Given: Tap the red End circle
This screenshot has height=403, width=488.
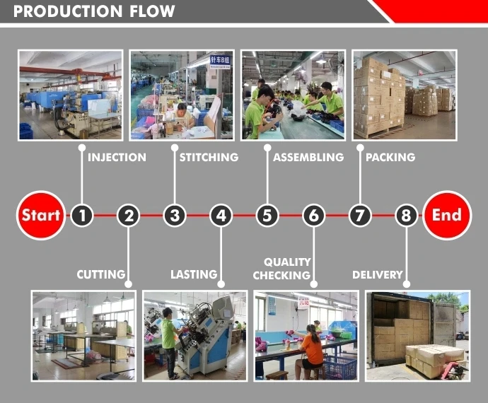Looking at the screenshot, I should [446, 215].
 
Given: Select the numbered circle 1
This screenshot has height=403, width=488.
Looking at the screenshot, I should [82, 215].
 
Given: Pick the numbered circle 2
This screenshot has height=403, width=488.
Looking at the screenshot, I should [128, 215].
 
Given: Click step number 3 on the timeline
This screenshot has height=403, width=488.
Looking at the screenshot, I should [175, 215].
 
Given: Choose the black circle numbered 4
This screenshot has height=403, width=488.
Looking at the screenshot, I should [221, 215].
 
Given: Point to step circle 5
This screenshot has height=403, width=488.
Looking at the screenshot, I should [267, 215].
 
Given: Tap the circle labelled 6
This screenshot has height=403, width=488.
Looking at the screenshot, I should [313, 215].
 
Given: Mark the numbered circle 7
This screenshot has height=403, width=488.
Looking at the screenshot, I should [360, 215].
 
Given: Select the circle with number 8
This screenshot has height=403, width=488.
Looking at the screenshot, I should [406, 215].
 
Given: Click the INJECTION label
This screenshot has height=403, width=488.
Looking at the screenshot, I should [117, 157].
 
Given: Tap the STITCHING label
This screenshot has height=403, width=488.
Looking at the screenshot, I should [208, 157].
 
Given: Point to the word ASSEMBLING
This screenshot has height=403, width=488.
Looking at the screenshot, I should [308, 157].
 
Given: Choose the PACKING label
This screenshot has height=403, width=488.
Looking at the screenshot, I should [390, 157].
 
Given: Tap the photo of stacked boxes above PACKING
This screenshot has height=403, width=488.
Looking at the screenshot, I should [404, 94].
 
